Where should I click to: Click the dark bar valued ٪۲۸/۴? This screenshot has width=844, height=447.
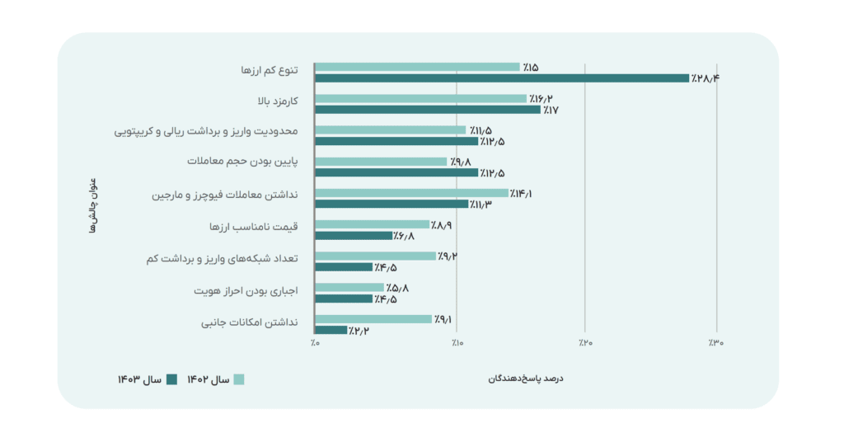(x=501, y=78)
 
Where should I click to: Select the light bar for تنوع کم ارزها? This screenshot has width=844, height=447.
(x=417, y=67)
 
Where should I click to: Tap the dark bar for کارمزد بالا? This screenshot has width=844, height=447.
(x=427, y=109)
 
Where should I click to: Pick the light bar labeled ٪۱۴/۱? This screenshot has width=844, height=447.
(x=411, y=193)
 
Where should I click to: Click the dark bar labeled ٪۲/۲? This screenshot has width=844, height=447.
(x=331, y=330)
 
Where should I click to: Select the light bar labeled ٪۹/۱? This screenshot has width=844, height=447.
(x=373, y=319)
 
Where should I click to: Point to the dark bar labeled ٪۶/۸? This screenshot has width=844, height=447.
(x=353, y=236)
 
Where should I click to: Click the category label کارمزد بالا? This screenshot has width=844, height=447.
(x=278, y=101)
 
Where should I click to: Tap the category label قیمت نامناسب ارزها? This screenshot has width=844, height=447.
(x=259, y=226)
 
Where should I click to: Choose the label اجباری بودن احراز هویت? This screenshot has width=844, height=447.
(x=246, y=291)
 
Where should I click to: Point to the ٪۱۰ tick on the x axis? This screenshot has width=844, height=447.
(x=457, y=342)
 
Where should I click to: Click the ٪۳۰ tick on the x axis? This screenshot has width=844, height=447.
(x=715, y=342)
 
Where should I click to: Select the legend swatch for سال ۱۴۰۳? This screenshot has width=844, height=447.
(x=171, y=379)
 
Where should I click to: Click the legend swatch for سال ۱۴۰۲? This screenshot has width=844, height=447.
(x=239, y=379)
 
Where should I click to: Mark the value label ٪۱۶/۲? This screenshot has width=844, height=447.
(x=541, y=98)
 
